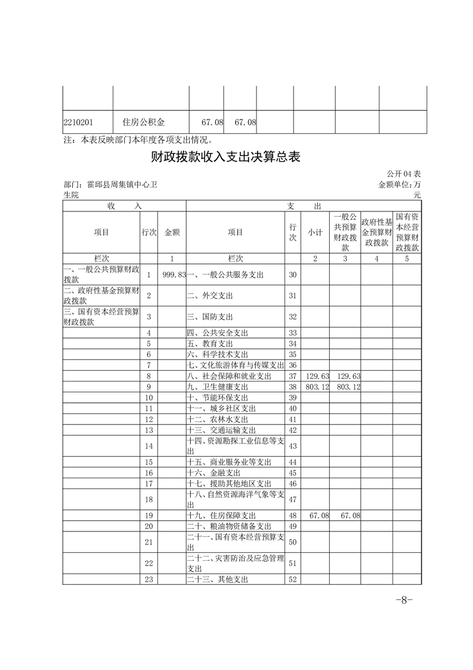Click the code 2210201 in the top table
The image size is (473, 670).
(78, 122)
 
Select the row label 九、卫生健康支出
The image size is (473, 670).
(217, 387)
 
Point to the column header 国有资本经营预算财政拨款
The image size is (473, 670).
(407, 232)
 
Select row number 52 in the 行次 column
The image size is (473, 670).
(292, 579)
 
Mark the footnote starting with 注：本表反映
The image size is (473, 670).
(138, 140)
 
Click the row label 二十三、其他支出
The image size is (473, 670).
(217, 579)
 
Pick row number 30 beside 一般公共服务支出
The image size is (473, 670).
(292, 275)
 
